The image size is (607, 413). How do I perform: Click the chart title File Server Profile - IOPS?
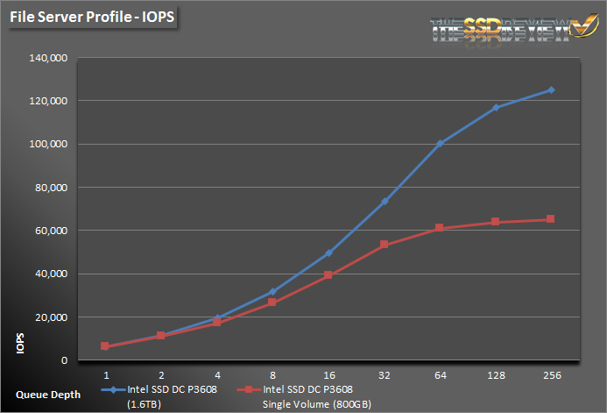91,17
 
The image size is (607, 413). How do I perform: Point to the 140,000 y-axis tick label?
49,59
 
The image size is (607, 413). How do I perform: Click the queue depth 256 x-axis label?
550,374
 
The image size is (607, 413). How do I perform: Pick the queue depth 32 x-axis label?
385,374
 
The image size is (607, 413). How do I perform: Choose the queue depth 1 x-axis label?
105,374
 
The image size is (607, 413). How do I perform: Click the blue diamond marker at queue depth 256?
551,89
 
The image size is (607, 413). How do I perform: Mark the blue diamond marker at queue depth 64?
440,143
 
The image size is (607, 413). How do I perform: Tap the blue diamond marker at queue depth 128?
496,107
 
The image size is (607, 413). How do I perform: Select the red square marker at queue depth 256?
551,219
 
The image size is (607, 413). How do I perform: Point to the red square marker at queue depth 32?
385,245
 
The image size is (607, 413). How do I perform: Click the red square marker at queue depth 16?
328,275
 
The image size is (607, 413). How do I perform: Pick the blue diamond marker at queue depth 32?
385,202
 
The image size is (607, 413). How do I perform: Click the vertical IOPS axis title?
19,343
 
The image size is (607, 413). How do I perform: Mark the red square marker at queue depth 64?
440,228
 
